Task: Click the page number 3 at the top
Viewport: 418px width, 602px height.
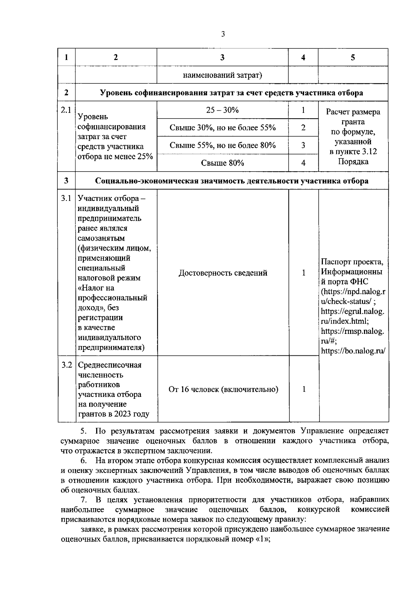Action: point(223,34)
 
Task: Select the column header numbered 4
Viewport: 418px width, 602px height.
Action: point(303,58)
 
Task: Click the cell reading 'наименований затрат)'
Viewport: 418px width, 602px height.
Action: point(222,75)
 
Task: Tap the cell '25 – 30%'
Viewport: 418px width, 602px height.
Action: point(222,110)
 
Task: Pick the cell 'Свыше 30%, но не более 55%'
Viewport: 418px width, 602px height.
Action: point(222,128)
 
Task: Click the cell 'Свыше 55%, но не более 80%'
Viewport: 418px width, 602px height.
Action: point(222,145)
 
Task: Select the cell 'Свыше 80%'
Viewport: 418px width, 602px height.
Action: point(222,163)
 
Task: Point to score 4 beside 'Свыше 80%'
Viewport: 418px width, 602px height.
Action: point(303,163)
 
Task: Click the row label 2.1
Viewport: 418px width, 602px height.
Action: point(66,110)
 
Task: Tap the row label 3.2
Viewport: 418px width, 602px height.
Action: point(67,365)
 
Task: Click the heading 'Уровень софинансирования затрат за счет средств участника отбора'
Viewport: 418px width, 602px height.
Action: point(231,93)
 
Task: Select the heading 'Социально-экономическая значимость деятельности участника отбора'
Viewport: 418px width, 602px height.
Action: point(231,181)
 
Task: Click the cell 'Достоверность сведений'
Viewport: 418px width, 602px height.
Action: point(223,273)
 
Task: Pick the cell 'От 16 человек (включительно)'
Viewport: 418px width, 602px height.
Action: point(223,389)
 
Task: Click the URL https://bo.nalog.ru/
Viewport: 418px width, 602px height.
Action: point(353,351)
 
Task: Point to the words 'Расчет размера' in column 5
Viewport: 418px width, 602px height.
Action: point(353,112)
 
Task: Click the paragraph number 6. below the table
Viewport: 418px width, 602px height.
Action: point(84,460)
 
